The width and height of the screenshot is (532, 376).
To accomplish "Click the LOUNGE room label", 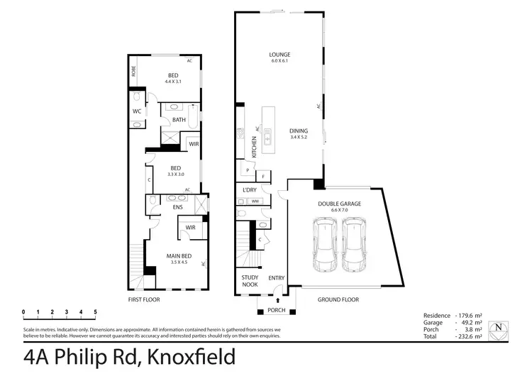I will pos(279,55).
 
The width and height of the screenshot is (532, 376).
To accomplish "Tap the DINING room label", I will pos(299,131).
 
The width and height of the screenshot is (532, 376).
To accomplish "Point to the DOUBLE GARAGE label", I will pos(341,204).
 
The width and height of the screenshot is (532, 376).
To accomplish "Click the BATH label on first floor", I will pos(179,120).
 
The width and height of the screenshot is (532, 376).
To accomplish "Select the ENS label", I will pos(179,207).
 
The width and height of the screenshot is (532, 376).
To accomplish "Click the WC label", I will pos(138,111).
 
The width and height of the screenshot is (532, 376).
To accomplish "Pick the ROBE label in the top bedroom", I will pos(133,71).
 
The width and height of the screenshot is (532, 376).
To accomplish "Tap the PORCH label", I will pos(275,311).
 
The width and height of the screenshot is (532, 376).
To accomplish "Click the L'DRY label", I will pos(249,190).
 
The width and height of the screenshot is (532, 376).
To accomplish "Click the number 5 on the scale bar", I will pos(95,312).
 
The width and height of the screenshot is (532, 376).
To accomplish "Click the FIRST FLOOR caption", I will pos(144,299).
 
